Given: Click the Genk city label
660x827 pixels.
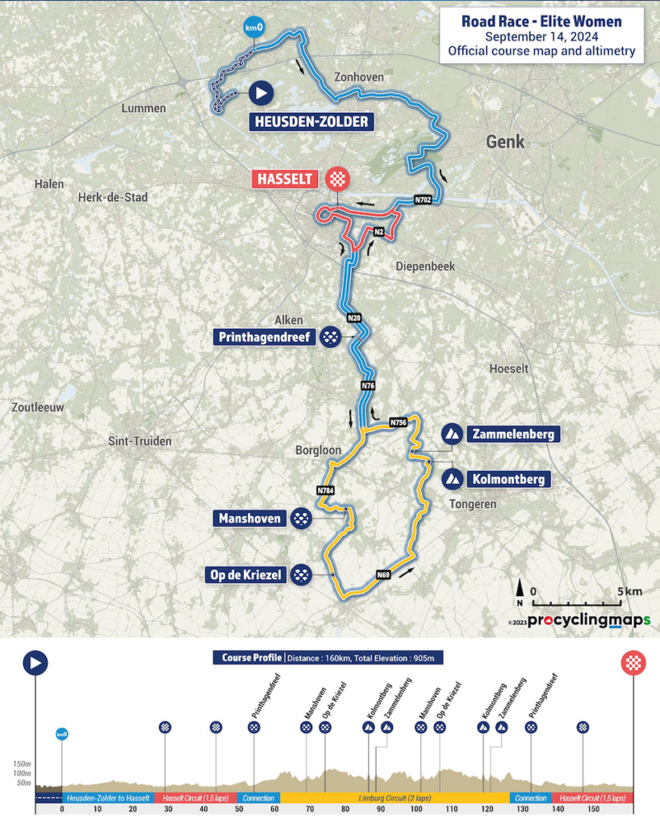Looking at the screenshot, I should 505,142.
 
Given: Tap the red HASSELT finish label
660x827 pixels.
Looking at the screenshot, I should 284,179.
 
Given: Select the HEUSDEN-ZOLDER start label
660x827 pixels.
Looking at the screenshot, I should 311,123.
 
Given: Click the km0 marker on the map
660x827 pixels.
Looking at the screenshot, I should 253,28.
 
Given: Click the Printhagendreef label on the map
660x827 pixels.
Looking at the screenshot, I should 264,337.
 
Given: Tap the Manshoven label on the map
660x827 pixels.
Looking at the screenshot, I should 249,518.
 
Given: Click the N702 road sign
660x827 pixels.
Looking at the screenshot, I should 424,199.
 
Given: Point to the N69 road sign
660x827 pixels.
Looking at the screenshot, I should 383,574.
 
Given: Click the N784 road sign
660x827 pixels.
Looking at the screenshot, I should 324,490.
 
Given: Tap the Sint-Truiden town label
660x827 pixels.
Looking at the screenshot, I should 140,441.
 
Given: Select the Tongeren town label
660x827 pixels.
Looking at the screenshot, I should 472,504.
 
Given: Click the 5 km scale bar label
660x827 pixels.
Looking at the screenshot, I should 630,591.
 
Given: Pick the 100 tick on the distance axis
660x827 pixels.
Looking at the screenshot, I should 416,808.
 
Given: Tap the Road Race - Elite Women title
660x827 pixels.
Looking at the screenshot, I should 541,22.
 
